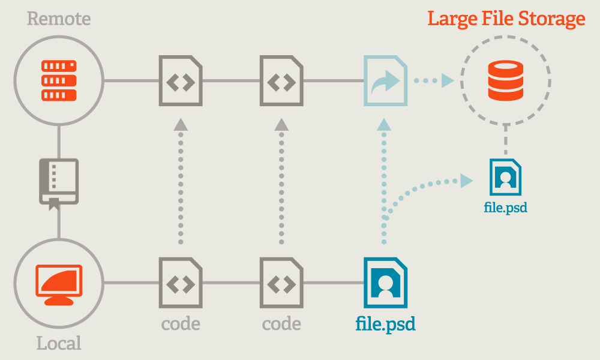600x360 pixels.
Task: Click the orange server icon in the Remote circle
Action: click(x=59, y=80)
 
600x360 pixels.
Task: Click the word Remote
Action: click(x=59, y=19)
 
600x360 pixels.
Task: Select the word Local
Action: click(x=59, y=343)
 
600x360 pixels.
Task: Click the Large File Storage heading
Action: click(x=506, y=19)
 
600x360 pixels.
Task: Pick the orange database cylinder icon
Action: click(x=505, y=80)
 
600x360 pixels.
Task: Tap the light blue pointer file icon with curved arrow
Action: click(x=385, y=80)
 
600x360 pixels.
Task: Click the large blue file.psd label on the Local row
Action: click(x=385, y=325)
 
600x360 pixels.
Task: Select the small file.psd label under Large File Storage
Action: click(x=505, y=208)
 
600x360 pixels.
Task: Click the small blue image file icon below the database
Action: click(x=505, y=177)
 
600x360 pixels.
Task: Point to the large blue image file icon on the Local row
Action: click(x=385, y=282)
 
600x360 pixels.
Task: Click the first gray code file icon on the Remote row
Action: click(x=181, y=80)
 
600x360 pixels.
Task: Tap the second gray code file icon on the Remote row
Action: click(x=281, y=80)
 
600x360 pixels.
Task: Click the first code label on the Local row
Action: click(x=181, y=325)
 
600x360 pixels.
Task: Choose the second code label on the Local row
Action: click(x=281, y=325)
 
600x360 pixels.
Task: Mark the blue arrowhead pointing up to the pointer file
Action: click(x=384, y=124)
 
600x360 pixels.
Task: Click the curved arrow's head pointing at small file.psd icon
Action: click(x=466, y=179)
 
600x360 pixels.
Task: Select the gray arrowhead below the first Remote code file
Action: click(x=181, y=124)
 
